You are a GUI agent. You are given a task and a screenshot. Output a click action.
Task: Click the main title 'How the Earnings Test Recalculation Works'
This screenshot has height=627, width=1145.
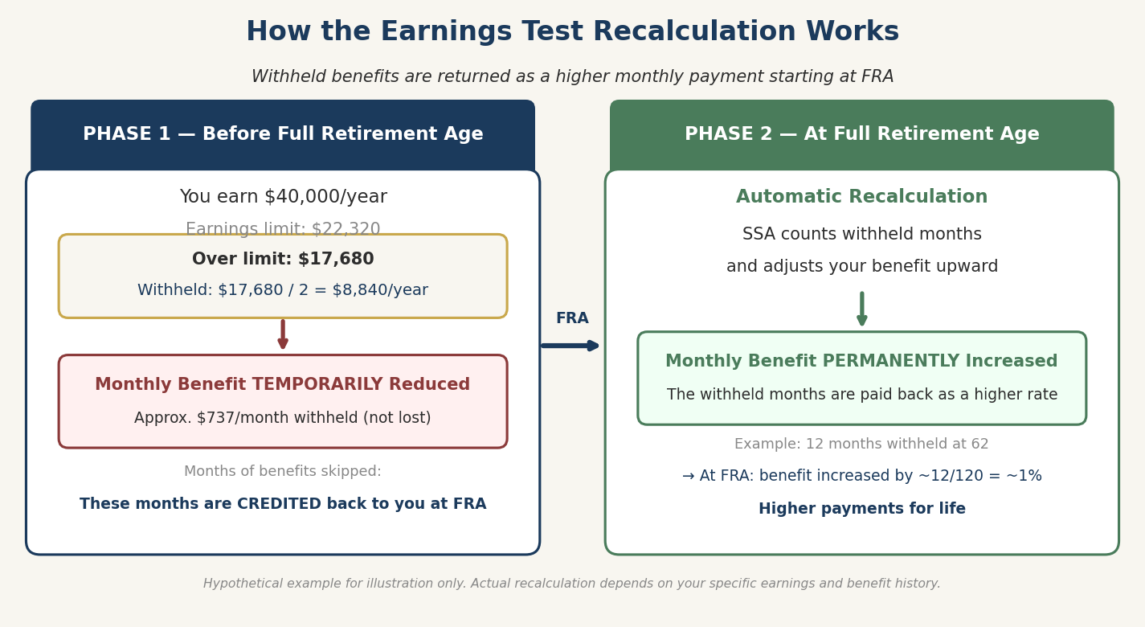(572, 32)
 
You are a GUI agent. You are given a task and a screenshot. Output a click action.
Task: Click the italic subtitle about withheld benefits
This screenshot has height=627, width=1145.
(572, 77)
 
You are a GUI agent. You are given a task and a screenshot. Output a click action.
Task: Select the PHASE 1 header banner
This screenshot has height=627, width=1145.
(283, 134)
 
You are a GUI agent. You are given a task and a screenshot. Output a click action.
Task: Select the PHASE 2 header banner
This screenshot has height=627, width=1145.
(861, 134)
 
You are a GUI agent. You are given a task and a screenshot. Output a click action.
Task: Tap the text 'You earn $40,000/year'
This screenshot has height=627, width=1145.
(283, 197)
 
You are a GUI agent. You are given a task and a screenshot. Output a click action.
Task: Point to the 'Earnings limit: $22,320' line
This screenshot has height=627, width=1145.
(283, 228)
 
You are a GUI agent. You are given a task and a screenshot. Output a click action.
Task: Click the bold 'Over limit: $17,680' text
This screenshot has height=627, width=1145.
(283, 260)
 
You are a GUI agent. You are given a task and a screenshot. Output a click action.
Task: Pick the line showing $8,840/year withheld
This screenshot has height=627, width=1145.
(283, 290)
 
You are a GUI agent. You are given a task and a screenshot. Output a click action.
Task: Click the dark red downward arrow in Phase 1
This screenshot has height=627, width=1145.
(283, 334)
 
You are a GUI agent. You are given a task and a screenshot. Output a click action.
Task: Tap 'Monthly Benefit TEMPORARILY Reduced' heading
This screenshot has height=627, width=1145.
(283, 385)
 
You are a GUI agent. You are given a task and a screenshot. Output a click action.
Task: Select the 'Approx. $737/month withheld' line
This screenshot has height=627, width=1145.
(283, 418)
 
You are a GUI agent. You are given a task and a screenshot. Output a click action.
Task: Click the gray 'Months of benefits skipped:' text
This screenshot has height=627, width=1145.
(283, 472)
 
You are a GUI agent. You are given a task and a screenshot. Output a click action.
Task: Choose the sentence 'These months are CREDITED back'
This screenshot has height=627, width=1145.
(283, 504)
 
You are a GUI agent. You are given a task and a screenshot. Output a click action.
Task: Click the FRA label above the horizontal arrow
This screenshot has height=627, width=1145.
(572, 318)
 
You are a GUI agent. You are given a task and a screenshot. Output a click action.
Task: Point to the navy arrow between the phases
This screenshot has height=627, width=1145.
(570, 346)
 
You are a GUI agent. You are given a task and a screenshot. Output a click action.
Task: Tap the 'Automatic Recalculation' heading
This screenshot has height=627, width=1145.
(861, 197)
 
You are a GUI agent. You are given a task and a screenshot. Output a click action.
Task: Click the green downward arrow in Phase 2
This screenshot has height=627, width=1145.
(862, 309)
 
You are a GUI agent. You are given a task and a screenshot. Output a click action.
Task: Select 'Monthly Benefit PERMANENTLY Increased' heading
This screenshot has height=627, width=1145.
(861, 362)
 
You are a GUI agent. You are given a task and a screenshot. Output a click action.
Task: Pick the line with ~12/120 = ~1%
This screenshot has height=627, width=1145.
(861, 476)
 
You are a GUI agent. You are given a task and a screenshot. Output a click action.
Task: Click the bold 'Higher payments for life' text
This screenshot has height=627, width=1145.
(861, 509)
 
